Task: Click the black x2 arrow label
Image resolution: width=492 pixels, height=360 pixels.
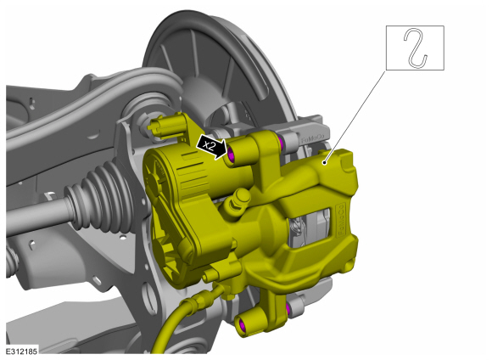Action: (211, 146)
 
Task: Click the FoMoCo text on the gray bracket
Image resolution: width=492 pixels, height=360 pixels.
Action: (312, 139)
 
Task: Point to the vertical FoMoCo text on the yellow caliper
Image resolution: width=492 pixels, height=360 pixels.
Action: (341, 221)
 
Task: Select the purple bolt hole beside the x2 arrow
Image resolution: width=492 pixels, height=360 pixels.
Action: (232, 155)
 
